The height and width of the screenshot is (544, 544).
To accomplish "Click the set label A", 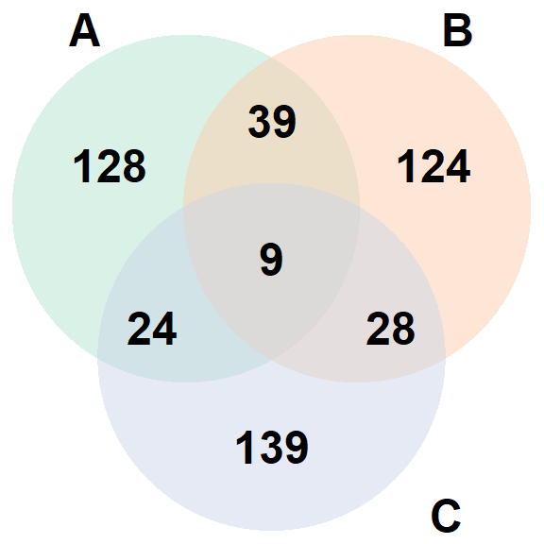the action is coord(85,30).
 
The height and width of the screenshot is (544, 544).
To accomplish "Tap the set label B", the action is coord(458,30).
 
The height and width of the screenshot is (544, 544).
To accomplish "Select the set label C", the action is coord(446,516).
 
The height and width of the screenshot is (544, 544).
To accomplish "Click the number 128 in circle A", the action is coord(110,166).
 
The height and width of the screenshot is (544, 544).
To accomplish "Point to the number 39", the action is coord(272,122).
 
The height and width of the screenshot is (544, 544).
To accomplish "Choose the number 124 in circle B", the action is coord(433,166).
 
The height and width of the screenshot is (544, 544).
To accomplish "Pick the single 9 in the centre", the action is coord(271,260).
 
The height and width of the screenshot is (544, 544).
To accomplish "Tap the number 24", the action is coord(152,329).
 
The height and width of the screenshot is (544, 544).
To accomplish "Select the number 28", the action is coord(391,329).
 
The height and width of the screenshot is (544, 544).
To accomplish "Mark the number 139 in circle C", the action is coord(272,447).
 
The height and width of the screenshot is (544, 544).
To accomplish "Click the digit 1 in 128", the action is coord(83,166).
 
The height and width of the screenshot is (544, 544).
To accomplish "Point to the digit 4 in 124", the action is coord(458,166).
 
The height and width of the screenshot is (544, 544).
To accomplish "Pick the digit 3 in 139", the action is coord(272,448).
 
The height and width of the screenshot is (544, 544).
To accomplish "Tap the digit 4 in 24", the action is coord(164,329).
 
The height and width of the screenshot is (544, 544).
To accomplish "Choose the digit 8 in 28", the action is coord(403,329).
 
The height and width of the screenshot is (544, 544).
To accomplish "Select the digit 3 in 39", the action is coord(260,122).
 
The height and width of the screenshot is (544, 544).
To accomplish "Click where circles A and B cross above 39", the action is coord(272,58).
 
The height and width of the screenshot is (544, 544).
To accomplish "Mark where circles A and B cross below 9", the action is coord(272,360).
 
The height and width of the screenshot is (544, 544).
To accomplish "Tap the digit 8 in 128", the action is coord(134,166).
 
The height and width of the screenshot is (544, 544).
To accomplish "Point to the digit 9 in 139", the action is coord(297,448).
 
